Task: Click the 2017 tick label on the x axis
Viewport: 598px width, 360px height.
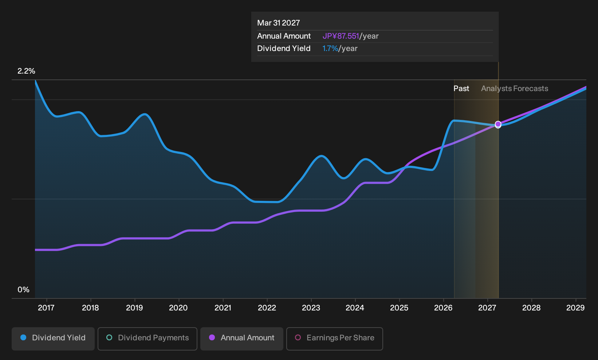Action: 46,308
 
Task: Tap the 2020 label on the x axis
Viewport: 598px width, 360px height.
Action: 178,308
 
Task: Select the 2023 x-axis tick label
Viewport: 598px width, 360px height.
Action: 311,308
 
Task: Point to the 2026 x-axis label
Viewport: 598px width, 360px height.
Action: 443,308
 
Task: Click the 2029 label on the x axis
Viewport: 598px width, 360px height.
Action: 575,308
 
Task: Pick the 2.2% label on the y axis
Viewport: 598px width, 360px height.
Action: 26,71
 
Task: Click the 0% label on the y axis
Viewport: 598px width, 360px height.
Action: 24,290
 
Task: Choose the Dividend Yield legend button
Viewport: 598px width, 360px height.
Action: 53,339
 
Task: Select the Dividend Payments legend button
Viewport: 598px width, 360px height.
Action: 147,339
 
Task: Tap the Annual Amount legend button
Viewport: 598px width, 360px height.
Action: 241,339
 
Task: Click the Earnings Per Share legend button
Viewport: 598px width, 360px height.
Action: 334,339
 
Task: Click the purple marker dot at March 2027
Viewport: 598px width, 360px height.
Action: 498,124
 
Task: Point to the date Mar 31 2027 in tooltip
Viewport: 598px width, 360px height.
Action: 279,23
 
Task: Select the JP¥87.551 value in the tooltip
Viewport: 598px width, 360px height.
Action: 341,36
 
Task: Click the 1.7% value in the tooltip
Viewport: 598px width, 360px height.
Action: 330,48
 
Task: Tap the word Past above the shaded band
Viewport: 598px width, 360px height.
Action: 461,89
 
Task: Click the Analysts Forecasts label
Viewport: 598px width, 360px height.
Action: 515,89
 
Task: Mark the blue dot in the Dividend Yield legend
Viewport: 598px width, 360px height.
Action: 24,337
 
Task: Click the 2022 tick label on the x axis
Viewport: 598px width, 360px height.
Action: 267,308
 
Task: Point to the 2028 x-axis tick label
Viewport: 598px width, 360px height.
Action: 531,308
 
